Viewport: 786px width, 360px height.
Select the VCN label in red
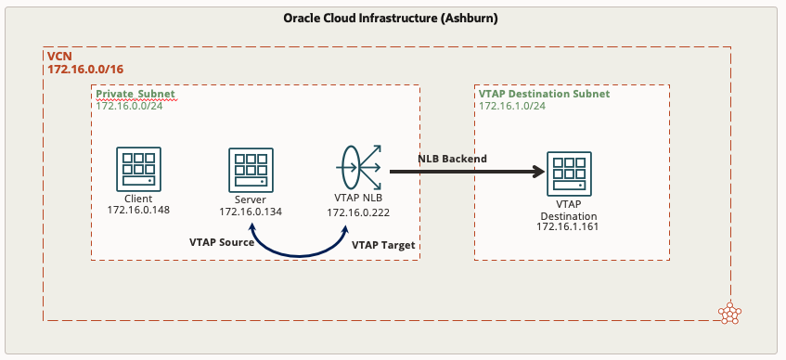pyautogui.click(x=58, y=57)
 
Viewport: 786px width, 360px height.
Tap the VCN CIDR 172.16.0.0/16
pyautogui.click(x=86, y=70)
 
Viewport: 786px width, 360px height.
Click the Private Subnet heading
pyautogui.click(x=135, y=95)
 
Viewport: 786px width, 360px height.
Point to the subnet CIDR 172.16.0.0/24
pyautogui.click(x=130, y=106)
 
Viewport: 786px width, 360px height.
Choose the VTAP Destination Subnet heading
pyautogui.click(x=544, y=95)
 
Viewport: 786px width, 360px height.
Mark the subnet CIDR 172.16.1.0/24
pyautogui.click(x=511, y=106)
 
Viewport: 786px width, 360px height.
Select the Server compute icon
pyautogui.click(x=250, y=170)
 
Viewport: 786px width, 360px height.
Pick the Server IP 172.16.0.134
pyautogui.click(x=251, y=212)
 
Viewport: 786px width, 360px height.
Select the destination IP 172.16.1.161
pyautogui.click(x=568, y=226)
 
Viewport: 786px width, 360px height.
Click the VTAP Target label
pyautogui.click(x=383, y=245)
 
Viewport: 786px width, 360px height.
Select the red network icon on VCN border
pyautogui.click(x=731, y=313)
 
